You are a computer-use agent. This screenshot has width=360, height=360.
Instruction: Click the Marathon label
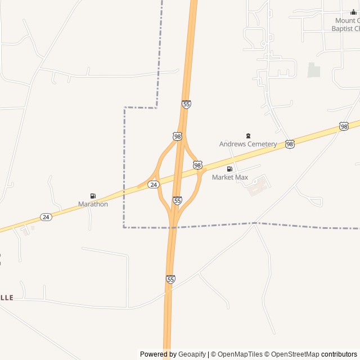[x=93, y=204]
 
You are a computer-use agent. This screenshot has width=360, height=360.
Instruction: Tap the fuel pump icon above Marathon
[x=93, y=196]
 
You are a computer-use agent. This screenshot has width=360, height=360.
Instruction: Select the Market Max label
[x=229, y=177]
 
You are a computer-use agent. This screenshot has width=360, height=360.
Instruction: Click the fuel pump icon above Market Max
[x=229, y=169]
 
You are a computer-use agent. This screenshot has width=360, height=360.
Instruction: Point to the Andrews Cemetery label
[x=247, y=144]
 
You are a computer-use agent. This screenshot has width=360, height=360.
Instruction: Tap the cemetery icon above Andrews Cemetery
[x=248, y=136]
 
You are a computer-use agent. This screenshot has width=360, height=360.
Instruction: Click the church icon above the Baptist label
[x=353, y=12]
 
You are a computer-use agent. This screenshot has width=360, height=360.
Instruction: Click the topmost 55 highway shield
[x=186, y=104]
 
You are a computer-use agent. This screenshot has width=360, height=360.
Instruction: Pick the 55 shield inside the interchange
[x=177, y=200]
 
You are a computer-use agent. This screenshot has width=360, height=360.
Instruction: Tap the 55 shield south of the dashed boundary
[x=170, y=279]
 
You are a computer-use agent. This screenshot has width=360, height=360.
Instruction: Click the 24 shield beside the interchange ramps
[x=154, y=184]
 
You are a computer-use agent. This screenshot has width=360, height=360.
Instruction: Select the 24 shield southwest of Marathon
[x=46, y=217]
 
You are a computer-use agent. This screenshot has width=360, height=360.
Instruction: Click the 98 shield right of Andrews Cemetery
[x=290, y=145]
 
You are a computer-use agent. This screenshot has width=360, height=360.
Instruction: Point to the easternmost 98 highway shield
[x=344, y=127]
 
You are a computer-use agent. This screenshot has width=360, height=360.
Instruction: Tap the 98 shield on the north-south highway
[x=178, y=136]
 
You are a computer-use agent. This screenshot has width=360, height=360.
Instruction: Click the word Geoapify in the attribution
[x=192, y=354]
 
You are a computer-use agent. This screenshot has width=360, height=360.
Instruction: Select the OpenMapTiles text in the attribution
[x=240, y=354]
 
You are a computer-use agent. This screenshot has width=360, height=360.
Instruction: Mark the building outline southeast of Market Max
[x=259, y=186]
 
